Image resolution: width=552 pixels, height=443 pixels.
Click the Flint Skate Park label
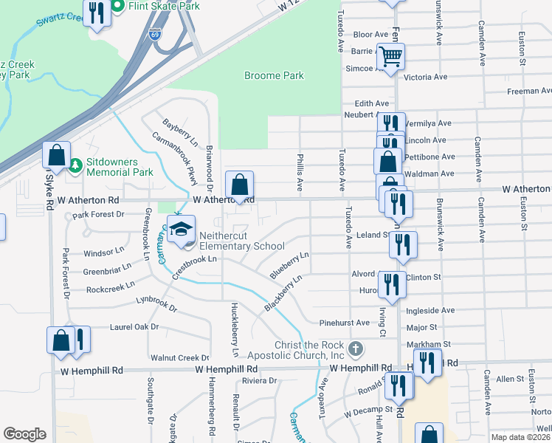[164, 6]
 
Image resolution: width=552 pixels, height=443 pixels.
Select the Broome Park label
[274, 75]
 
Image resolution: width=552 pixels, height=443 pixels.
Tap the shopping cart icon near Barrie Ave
[390, 57]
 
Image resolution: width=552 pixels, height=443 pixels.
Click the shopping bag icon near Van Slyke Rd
[56, 155]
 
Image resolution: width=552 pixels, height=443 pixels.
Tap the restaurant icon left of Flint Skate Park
[97, 13]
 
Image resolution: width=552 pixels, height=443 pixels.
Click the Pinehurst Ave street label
[344, 323]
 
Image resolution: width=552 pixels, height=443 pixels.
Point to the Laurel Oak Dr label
[134, 326]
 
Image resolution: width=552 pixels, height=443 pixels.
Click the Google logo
[24, 434]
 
